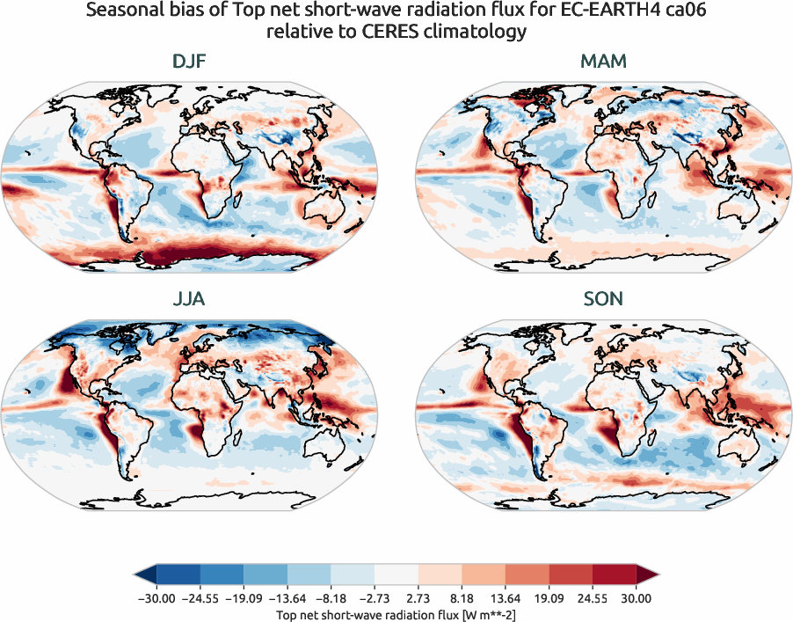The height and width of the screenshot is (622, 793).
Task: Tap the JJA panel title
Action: tap(189, 299)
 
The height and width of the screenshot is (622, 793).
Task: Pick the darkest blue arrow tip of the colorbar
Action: tap(144, 576)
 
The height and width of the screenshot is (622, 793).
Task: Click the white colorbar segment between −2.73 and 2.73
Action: tap(396, 576)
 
